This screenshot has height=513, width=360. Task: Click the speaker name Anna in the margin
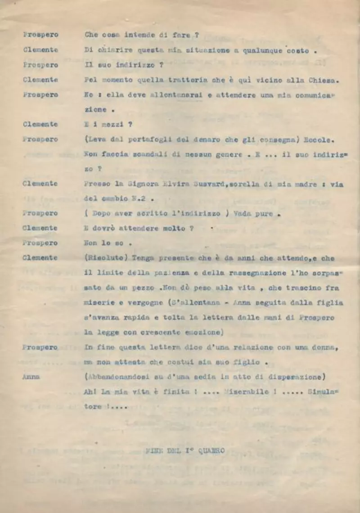pos(31,377)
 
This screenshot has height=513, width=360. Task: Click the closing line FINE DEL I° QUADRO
pos(185,450)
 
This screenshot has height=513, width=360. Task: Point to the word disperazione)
pos(301,377)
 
